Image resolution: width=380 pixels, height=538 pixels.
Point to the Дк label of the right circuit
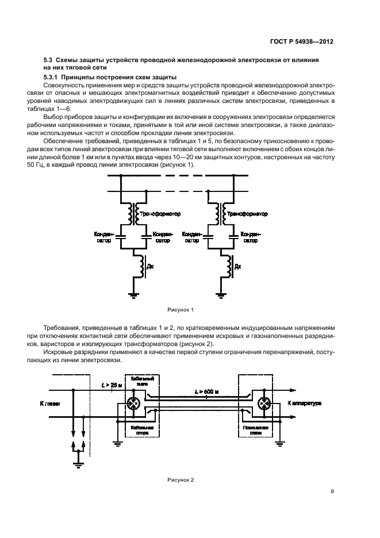pos(237,267)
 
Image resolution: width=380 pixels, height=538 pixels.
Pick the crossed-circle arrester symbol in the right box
pos(265,404)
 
